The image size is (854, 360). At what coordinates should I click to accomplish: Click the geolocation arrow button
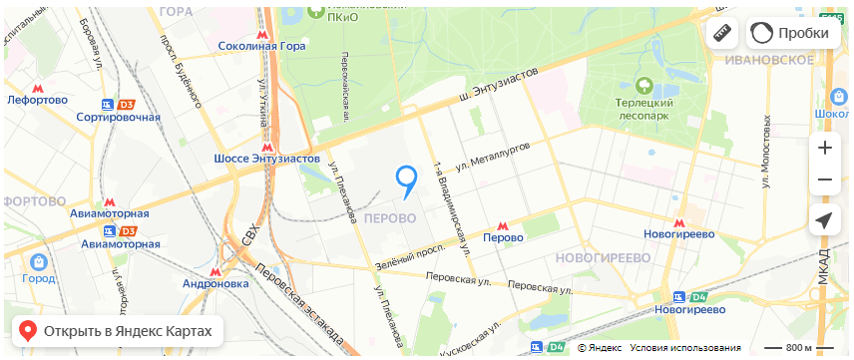coord(824,221)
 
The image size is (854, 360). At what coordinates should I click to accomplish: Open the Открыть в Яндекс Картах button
coord(117,331)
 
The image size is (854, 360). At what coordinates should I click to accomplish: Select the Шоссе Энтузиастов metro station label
coord(267,159)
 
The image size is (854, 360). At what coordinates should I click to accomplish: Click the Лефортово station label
coord(37,100)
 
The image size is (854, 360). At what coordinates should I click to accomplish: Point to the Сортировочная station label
coord(118,117)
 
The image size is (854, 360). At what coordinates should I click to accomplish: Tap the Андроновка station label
coord(216,283)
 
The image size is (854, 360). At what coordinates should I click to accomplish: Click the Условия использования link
coord(684,348)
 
